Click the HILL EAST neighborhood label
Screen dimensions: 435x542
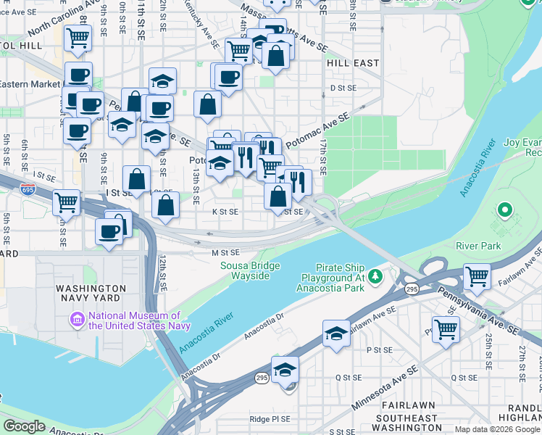pos(353,63)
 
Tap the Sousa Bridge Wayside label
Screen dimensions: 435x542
pos(250,271)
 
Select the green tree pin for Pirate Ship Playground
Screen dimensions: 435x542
pos(375,276)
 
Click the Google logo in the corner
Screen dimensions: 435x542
pos(25,426)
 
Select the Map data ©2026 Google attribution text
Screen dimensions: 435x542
pos(497,429)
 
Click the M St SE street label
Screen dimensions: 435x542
pos(225,253)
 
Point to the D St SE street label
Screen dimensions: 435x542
pos(343,88)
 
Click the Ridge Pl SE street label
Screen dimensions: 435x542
pos(270,419)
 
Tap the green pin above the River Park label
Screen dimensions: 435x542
pos(504,211)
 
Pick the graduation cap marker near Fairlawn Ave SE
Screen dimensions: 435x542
pos(336,333)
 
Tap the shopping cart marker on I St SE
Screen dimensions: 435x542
pos(66,202)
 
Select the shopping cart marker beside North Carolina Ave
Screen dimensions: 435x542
pos(78,38)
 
